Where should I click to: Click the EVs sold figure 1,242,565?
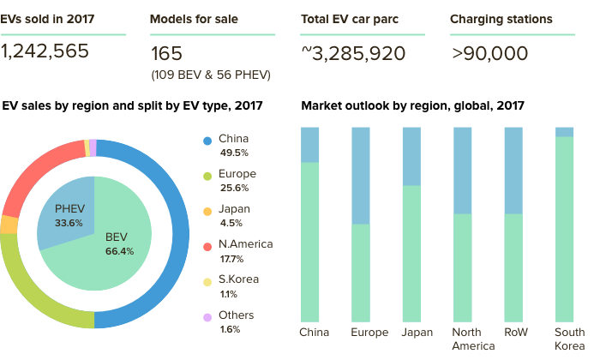click(45, 51)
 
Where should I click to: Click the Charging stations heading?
click(501, 18)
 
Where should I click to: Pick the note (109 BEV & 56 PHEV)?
click(211, 75)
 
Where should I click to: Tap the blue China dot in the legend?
click(207, 141)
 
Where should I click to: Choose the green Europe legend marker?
click(207, 176)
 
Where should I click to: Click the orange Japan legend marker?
click(207, 211)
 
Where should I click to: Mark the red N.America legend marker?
click(207, 246)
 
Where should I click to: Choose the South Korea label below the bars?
click(569, 339)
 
